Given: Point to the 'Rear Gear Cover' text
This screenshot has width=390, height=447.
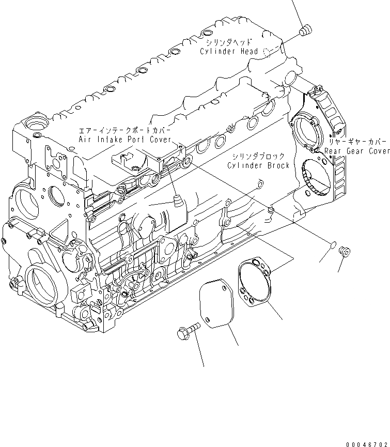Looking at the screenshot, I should coord(357,151).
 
